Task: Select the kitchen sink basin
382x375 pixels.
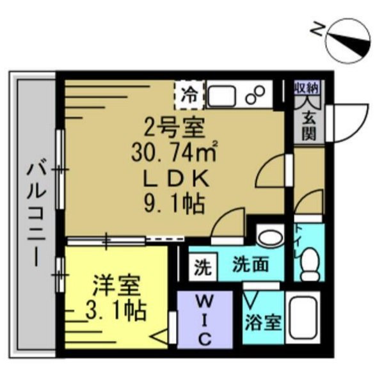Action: (221, 95)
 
